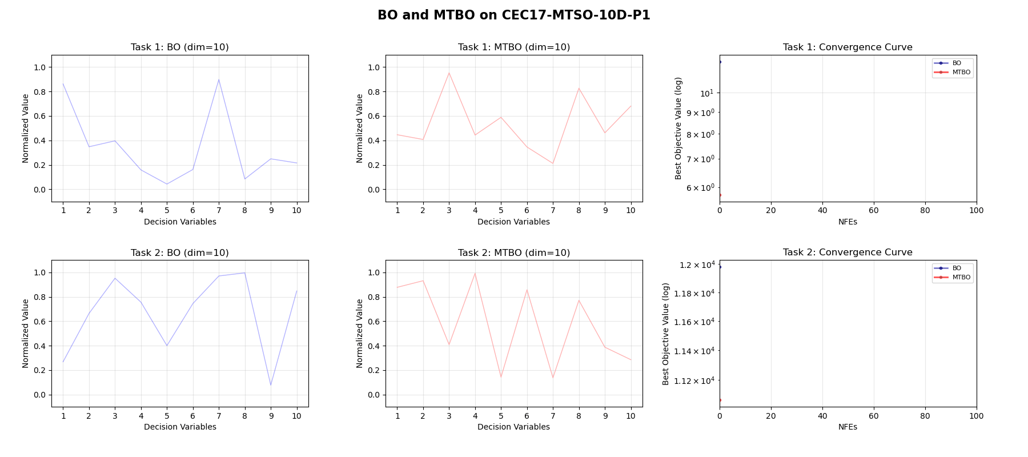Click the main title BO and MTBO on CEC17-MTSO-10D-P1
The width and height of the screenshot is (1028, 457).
coord(513,15)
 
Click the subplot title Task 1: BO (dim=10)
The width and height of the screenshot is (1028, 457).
coord(179,47)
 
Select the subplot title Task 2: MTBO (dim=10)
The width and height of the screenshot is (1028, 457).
coord(513,252)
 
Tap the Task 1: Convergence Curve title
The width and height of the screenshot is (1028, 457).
coord(848,47)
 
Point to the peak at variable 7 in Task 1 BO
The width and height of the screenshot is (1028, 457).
coord(219,79)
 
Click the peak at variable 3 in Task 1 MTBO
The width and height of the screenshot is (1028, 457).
coord(449,73)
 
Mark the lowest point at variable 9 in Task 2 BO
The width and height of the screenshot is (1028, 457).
coord(271,385)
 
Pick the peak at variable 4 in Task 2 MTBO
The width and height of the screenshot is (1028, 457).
coord(475,273)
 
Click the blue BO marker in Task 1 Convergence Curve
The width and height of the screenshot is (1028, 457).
coord(720,62)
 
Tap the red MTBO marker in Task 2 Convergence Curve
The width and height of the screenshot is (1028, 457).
coord(720,400)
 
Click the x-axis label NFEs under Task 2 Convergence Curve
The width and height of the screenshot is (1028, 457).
coord(848,427)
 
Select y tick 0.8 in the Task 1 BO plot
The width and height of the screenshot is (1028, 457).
coord(39,92)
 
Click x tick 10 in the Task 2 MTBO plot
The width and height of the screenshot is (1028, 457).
coord(631,416)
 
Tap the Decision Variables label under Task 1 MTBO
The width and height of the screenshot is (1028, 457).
coord(513,222)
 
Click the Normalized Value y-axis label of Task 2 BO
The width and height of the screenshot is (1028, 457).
coord(26,334)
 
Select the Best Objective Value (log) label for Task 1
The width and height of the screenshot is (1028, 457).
coord(678,128)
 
